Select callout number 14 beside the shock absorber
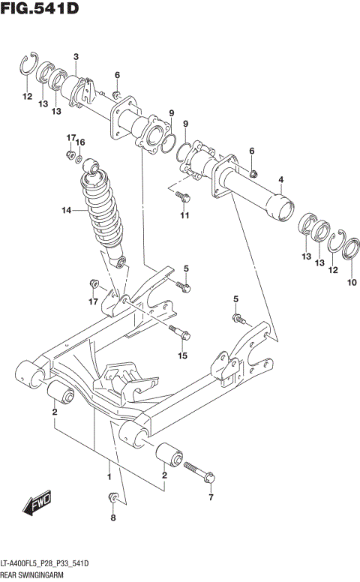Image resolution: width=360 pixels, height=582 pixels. [x=66, y=211]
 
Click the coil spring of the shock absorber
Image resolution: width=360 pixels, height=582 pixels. [x=103, y=214]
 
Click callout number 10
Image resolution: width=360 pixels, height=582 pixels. [x=352, y=282]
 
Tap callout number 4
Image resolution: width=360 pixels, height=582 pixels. [x=280, y=179]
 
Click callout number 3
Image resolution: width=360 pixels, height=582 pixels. [x=76, y=57]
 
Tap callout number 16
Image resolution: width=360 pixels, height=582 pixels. [x=81, y=142]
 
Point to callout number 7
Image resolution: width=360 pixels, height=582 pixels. [x=211, y=497]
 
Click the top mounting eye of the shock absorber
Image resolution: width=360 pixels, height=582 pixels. [x=92, y=166]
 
